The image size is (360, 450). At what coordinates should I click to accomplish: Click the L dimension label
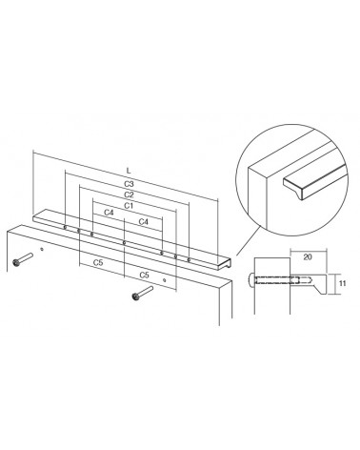[129, 171]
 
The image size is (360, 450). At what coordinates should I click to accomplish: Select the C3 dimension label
[129, 184]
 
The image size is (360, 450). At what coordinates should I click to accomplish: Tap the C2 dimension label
[129, 194]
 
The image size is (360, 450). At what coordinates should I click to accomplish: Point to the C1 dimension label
[129, 206]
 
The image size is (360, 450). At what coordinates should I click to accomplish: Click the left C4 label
[109, 213]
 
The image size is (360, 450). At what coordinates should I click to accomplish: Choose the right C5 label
[144, 275]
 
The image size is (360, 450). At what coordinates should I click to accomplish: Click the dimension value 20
[308, 256]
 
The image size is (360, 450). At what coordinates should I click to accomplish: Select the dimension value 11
[342, 283]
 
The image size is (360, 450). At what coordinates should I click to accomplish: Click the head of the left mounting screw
[16, 262]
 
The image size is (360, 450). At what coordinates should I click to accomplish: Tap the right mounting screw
[143, 293]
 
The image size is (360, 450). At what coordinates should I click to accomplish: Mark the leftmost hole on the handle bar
[65, 227]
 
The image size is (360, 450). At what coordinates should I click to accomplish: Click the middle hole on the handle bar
[124, 243]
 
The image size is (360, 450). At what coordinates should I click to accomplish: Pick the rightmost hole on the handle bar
[189, 259]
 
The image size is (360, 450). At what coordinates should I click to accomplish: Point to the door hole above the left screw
[41, 250]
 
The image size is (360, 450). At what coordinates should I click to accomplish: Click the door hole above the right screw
[164, 280]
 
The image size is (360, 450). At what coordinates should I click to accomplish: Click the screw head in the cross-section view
[250, 280]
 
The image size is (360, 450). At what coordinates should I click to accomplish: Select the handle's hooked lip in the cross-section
[321, 288]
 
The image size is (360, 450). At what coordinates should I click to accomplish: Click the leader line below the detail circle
[249, 240]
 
